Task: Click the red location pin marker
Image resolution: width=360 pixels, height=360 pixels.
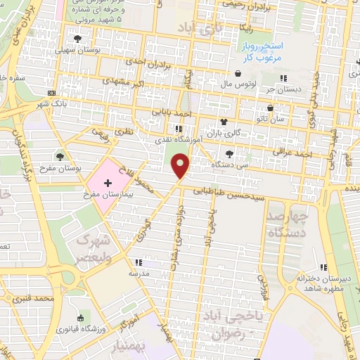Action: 182,166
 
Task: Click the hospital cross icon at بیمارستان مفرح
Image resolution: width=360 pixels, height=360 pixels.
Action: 107,182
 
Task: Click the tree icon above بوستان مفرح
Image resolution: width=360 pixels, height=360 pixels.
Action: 61,157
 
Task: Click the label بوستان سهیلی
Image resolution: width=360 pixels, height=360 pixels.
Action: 97,51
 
